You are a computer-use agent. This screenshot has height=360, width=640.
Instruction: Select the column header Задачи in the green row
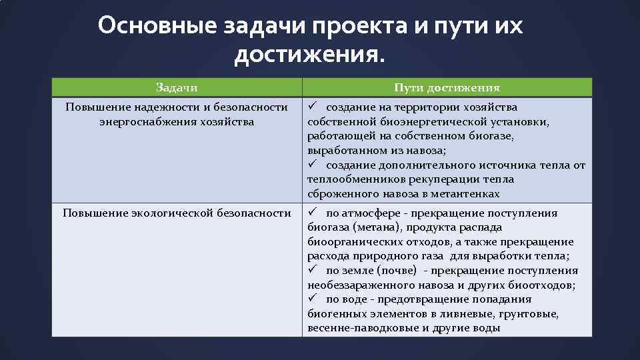177,87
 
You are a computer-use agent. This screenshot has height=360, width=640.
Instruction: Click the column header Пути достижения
447,87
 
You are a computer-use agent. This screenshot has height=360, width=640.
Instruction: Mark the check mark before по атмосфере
312,213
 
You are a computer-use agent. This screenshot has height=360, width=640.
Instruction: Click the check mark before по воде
312,299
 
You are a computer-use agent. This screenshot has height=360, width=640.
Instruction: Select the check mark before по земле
312,271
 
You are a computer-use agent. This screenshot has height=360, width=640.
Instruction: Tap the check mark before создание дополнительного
312,165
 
